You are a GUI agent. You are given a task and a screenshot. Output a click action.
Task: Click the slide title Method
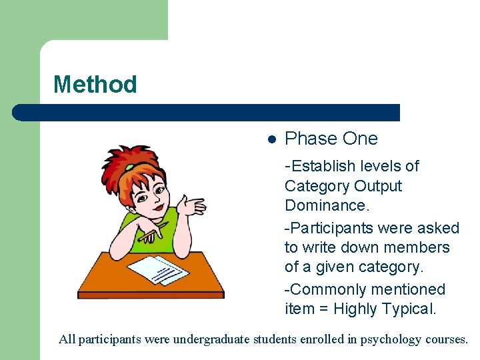(95, 85)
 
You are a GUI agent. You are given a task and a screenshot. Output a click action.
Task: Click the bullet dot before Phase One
(271, 139)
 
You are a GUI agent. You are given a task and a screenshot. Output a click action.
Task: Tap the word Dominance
(326, 205)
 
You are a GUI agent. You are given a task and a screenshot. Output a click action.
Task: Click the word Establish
(322, 166)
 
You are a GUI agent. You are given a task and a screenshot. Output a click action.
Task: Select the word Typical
(408, 309)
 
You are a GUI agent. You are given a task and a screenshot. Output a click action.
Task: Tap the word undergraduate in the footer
(210, 339)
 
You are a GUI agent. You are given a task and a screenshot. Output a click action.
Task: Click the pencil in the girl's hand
(153, 233)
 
